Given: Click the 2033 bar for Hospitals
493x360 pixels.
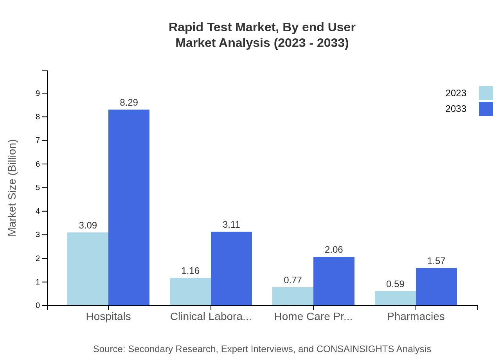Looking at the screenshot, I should tap(129, 207).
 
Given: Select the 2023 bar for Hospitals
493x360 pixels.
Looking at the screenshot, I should tap(88, 269).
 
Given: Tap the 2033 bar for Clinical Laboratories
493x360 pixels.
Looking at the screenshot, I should tap(231, 268).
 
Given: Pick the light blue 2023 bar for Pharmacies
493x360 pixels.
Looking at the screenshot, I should tap(395, 298).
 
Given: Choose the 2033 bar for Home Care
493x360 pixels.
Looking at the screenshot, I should tap(334, 281).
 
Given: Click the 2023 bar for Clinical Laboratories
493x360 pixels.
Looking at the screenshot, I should tap(190, 292).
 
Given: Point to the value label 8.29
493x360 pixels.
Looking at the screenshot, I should tap(129, 103).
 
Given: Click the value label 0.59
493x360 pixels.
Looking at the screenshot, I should tap(395, 284).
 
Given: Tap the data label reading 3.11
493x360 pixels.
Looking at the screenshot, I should tap(231, 225).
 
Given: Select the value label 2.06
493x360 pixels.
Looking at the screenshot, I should tap(334, 250).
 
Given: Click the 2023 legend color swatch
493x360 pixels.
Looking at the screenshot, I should tap(486, 93).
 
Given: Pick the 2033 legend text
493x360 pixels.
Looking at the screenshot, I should tap(456, 109).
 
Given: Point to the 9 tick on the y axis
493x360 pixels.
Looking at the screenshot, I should tap(38, 93).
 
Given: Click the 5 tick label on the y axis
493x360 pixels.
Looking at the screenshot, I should tap(38, 187).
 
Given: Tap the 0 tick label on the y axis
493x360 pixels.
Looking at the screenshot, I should tap(38, 306).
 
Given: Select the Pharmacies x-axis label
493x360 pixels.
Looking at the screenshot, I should tap(416, 316).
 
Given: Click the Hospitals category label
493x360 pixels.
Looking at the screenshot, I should tap(108, 316).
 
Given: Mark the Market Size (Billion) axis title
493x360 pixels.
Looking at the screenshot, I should tap(13, 188).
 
